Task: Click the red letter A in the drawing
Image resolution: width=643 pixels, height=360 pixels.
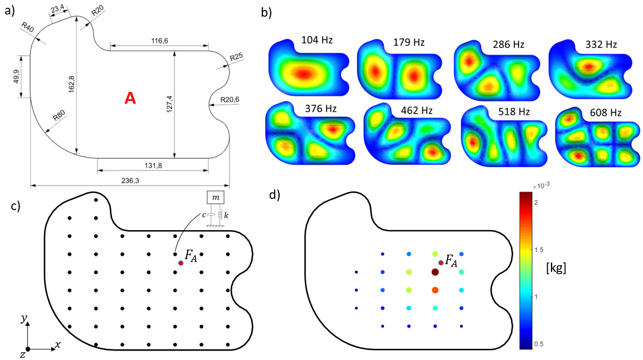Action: pos(130,99)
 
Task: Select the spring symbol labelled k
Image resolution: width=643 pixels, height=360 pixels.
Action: pos(218,215)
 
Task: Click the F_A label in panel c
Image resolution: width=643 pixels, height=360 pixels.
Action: pos(192,256)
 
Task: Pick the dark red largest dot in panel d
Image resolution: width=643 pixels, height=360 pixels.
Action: pos(435,272)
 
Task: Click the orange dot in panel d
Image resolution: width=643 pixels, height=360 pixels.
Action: pos(435,290)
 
